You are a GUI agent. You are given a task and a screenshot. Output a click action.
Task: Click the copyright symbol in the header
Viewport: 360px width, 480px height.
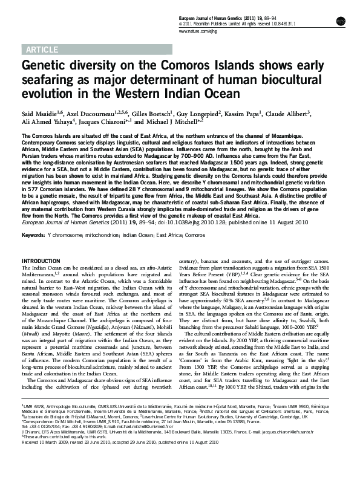(x=183, y=25)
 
